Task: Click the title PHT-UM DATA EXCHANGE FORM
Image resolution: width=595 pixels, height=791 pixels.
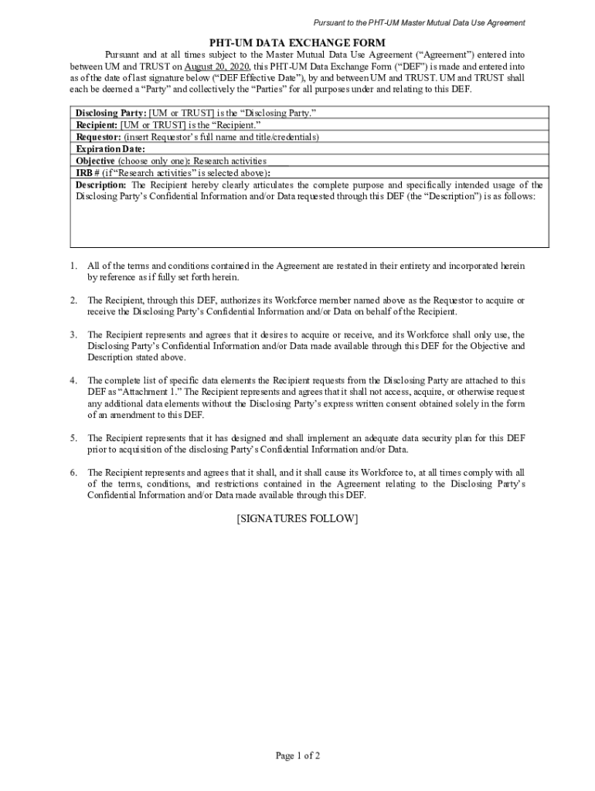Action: pos(297,42)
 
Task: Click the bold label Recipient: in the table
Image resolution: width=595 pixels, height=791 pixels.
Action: pos(97,124)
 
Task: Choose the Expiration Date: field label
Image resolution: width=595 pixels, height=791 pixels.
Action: pos(110,149)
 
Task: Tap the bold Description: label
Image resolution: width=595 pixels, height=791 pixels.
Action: pos(101,185)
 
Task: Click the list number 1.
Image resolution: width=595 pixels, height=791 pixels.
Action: pos(73,266)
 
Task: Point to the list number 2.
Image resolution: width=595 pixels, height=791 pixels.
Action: pos(73,300)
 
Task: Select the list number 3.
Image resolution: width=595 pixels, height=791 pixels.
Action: pos(73,334)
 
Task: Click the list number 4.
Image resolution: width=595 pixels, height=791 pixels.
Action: pos(73,380)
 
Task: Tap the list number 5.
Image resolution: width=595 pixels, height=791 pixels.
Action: pos(73,438)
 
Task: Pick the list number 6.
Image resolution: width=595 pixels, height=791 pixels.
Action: pos(73,472)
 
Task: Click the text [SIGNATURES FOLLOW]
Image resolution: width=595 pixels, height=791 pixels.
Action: pos(297,519)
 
